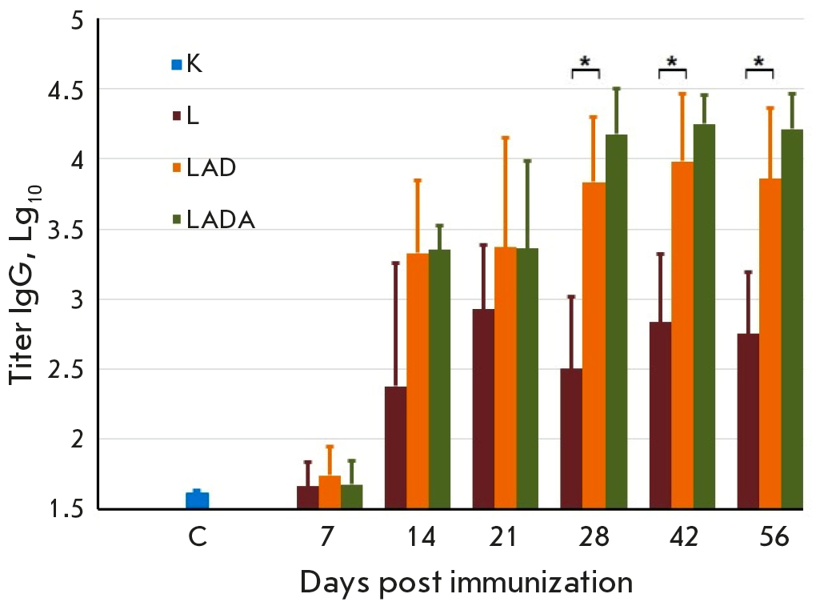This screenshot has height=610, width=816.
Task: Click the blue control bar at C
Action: (x=197, y=500)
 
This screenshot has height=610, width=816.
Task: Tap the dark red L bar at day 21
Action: (x=484, y=408)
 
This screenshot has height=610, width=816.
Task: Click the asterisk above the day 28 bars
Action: (x=586, y=62)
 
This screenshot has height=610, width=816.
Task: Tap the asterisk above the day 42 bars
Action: (x=672, y=62)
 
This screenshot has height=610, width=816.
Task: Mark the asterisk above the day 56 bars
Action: (x=759, y=62)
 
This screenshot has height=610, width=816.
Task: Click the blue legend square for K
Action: (x=177, y=64)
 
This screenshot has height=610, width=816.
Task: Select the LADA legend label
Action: (x=220, y=220)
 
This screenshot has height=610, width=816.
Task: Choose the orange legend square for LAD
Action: (x=177, y=168)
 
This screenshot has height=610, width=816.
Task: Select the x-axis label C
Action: (x=198, y=536)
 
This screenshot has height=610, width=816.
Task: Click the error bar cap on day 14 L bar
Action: (x=395, y=263)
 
